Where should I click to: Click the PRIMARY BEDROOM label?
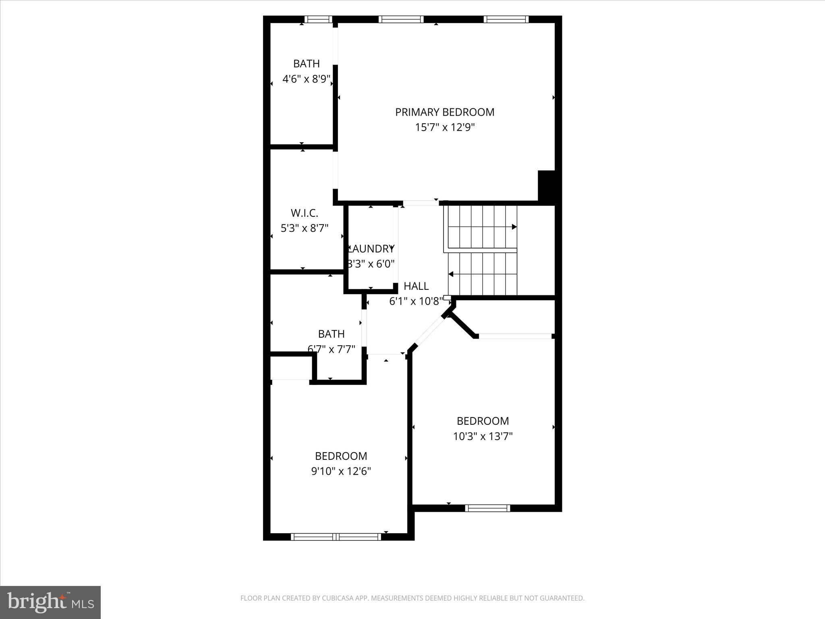(x=444, y=112)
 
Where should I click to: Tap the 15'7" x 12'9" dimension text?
(x=445, y=128)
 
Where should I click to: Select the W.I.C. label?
(x=304, y=213)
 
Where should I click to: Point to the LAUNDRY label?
(x=371, y=249)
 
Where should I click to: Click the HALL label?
(x=416, y=286)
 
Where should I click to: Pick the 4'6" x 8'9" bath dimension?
(x=306, y=79)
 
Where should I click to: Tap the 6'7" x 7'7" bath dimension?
(x=331, y=349)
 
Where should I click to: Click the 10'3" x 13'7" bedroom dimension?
(x=483, y=436)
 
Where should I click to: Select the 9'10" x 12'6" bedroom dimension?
(x=341, y=471)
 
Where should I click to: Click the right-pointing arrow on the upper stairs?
(x=514, y=227)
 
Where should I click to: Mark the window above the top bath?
(x=318, y=19)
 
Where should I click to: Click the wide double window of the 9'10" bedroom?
(x=336, y=536)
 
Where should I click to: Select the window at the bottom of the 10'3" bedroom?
(x=487, y=508)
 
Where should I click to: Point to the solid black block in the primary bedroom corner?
(x=547, y=185)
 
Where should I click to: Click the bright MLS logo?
(x=50, y=602)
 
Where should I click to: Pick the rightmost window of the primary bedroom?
(x=506, y=19)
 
